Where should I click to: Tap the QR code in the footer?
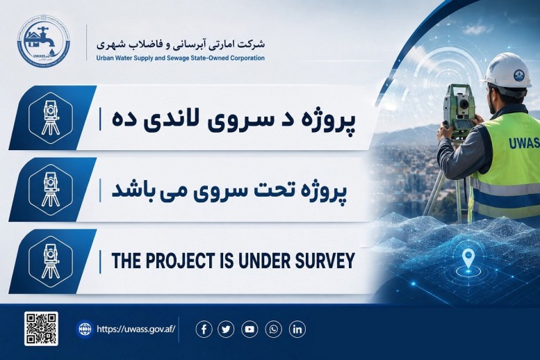(x=41, y=329)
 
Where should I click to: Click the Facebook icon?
(x=204, y=329)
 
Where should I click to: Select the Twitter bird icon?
(x=226, y=329)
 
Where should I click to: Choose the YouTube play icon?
(x=249, y=329)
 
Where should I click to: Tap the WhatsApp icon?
(x=273, y=329)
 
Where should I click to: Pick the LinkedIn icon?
(x=297, y=329)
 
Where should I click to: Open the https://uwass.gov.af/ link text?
(x=136, y=329)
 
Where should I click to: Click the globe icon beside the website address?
(x=84, y=329)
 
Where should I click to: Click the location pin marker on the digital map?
(x=468, y=259)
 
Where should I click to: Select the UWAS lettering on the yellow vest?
(x=524, y=142)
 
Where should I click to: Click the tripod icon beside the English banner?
(x=51, y=261)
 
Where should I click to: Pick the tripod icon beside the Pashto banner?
(x=51, y=117)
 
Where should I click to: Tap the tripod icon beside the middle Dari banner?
(x=51, y=189)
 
